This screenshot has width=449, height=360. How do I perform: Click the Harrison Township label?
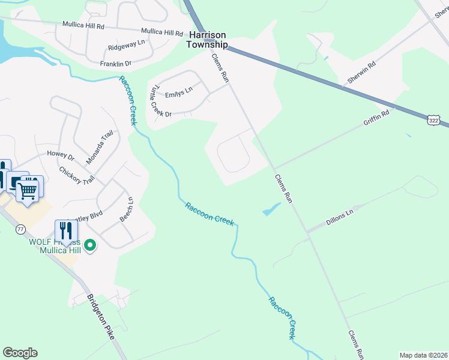(206, 40)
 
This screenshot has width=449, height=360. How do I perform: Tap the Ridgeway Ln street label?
(126, 44)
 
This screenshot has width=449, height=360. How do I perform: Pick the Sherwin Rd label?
(361, 72)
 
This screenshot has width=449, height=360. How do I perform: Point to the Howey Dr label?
(61, 155)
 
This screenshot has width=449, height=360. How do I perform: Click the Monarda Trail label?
(98, 146)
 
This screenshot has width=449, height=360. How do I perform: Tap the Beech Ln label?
(126, 209)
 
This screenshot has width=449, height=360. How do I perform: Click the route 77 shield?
(20, 229)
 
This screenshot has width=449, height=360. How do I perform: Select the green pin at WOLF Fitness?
(90, 245)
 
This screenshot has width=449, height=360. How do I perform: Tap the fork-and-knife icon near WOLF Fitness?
(65, 230)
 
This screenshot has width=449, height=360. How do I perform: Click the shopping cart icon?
(28, 191)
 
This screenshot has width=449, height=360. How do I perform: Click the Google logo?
(20, 353)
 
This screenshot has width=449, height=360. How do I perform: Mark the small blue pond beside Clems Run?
(271, 210)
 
